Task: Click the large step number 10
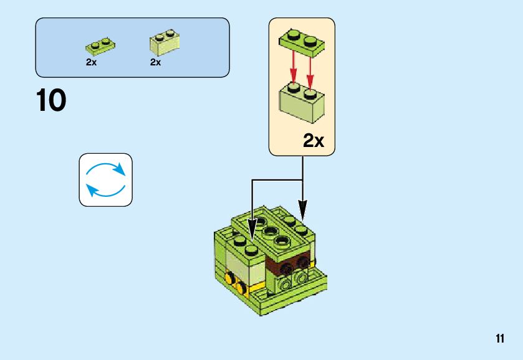(x=51, y=101)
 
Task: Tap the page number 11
(x=500, y=339)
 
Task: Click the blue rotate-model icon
(x=105, y=179)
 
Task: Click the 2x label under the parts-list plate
(x=92, y=62)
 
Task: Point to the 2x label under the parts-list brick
(x=156, y=62)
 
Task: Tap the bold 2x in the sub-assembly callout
(x=314, y=141)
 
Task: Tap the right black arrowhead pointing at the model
(x=302, y=211)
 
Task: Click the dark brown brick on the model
(x=286, y=266)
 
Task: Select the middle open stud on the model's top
(x=271, y=232)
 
